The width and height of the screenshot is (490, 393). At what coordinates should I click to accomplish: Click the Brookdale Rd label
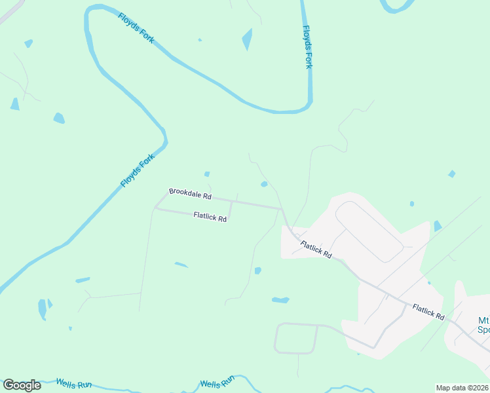pos(190,193)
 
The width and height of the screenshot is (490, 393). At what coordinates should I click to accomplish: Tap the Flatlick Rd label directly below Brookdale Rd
pos(210,217)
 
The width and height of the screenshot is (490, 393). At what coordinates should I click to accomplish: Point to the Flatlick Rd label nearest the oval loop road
pos(316,250)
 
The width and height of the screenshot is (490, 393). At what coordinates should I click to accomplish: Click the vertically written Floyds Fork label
pos(307,47)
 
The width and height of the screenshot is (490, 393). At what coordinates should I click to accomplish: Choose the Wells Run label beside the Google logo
pos(73,384)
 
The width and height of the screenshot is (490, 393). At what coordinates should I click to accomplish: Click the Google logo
pos(22,385)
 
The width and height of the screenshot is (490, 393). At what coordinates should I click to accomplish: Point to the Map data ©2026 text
pos(461,388)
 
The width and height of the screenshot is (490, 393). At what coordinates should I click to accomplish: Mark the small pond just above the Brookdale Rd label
pos(207,174)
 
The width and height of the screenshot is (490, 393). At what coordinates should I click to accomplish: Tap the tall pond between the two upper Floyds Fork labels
pos(247,39)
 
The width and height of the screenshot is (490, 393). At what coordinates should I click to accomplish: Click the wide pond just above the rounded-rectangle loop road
pos(280,300)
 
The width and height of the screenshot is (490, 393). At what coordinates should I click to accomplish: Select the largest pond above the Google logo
pos(43,309)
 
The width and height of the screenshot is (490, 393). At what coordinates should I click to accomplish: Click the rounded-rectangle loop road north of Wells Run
pos(296,338)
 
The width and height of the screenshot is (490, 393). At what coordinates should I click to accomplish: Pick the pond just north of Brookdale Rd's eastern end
pos(264,184)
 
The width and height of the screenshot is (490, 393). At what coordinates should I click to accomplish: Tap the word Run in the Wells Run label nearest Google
pos(84,385)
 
